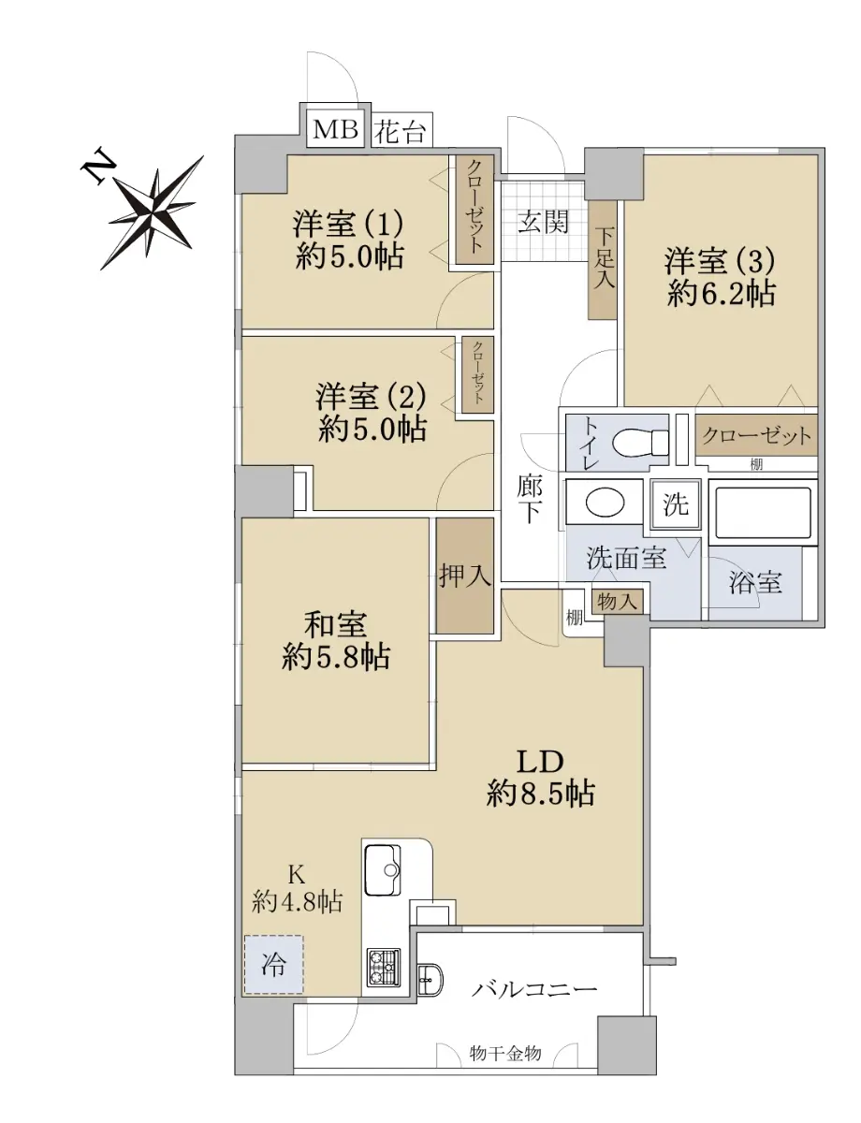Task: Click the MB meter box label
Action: tap(335, 130)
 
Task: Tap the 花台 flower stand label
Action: tap(400, 131)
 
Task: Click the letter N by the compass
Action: tap(97, 168)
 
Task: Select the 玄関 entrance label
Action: tap(543, 222)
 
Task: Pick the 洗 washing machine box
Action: tap(676, 504)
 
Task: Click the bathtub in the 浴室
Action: tap(763, 512)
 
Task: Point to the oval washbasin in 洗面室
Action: tap(606, 502)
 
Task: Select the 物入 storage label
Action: tap(617, 602)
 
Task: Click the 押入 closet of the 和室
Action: tap(464, 576)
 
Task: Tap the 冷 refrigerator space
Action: tap(273, 965)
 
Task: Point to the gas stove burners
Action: tap(383, 968)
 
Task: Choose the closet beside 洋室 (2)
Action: tap(477, 375)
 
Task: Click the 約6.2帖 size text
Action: tap(721, 294)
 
